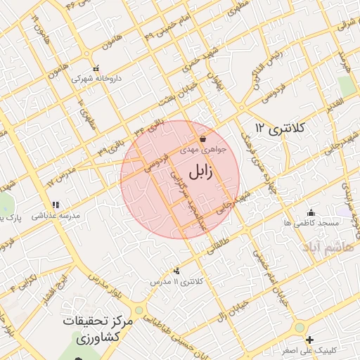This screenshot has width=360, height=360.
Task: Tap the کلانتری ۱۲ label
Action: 281,129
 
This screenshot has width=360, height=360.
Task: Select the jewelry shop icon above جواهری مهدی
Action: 202,139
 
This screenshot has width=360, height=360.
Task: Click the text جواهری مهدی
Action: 202,150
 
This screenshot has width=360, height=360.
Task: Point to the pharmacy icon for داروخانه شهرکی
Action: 96,69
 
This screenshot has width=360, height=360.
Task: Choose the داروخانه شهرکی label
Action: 96,79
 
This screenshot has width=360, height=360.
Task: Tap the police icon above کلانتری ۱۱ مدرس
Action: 176,271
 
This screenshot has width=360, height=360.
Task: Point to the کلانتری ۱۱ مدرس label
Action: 176,281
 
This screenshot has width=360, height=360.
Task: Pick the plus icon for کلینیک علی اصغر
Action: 310,340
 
